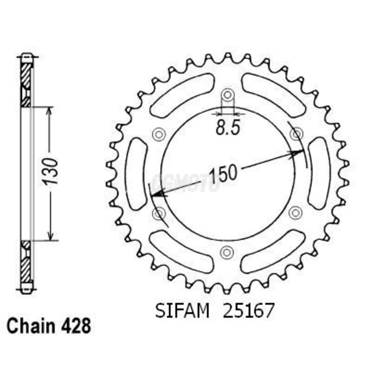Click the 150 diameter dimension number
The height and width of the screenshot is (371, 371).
[x=223, y=174]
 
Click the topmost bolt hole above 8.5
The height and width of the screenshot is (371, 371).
[x=227, y=95]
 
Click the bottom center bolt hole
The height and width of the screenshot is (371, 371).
[x=227, y=251]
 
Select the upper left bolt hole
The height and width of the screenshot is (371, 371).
[x=159, y=134]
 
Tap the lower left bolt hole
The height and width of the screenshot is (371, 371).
[x=159, y=213]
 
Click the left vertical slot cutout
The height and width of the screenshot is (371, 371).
[x=136, y=174]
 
